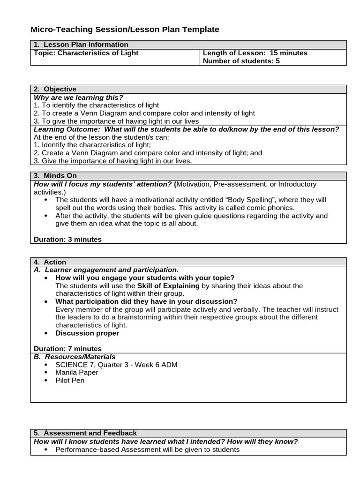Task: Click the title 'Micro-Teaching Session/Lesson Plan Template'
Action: pos(125,30)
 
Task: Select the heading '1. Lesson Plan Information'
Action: pos(81,45)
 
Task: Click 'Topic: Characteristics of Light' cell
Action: pos(86,53)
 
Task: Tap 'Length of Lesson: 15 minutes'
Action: pos(255,53)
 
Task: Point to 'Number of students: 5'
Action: pos(241,61)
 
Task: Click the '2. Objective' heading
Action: pos(55,89)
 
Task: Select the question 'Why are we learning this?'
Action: pos(78,97)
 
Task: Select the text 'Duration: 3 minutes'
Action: pos(67,239)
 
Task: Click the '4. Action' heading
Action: pos(50,262)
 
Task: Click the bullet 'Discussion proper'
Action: pos(87,333)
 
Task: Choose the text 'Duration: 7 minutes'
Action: pos(67,348)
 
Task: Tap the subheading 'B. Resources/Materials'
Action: pos(75,356)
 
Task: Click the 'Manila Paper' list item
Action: pos(77,372)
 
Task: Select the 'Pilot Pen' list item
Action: pos(70,380)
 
